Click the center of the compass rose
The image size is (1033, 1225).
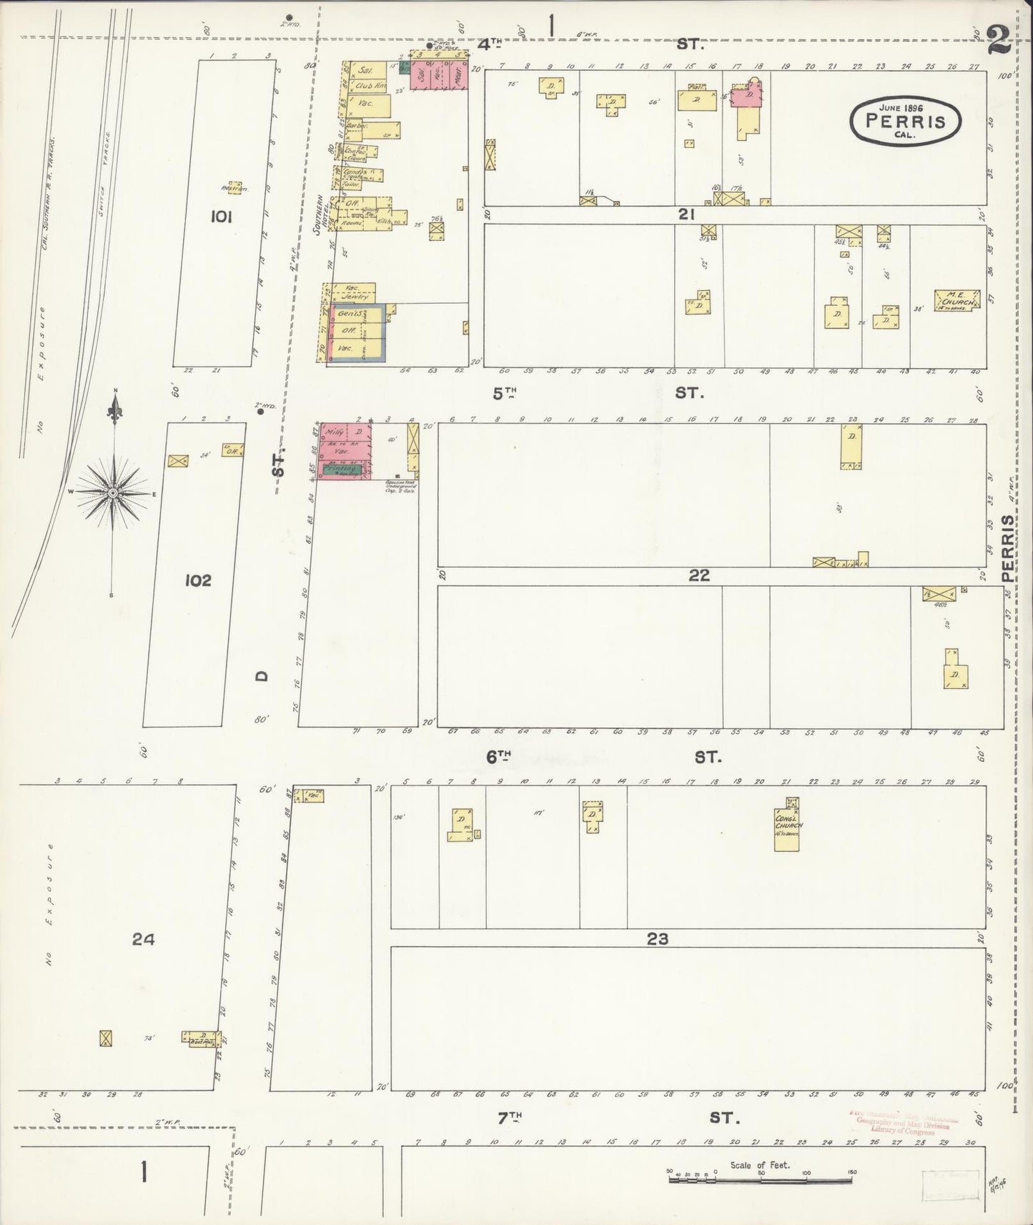(113, 493)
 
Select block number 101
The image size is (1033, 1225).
(221, 217)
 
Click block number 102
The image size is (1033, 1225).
(197, 580)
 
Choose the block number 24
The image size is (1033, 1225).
(143, 939)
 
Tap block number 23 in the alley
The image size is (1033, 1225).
(657, 938)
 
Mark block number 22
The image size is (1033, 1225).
(698, 575)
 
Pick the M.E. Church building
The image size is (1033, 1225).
(956, 300)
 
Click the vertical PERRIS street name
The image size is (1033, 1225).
(1008, 547)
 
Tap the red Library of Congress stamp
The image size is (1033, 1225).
(902, 1124)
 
